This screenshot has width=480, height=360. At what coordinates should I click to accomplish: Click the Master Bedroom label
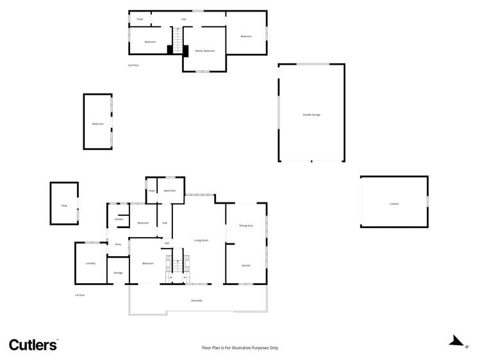[x=204, y=51]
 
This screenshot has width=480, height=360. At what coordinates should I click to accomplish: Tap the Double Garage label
[x=311, y=115]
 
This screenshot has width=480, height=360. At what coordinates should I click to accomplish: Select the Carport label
[x=394, y=204]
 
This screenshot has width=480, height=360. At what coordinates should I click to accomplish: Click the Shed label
[x=64, y=206]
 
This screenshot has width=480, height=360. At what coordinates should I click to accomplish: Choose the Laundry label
[x=90, y=263]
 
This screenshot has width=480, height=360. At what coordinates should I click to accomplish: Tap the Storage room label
[x=118, y=273]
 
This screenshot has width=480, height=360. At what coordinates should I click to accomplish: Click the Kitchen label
[x=245, y=265]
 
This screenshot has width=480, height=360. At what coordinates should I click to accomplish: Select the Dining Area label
[x=245, y=225]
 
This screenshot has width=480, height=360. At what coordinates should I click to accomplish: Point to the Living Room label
[x=201, y=240]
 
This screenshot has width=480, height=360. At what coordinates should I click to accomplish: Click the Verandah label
[x=197, y=300]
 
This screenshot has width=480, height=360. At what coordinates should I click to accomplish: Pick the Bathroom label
[x=169, y=190]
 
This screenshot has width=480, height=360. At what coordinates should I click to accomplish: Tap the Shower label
[x=119, y=219]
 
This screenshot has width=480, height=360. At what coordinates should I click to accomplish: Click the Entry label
[x=118, y=245]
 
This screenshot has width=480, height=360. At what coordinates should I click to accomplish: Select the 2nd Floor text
[x=133, y=65]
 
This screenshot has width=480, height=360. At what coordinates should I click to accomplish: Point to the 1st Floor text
[x=79, y=295]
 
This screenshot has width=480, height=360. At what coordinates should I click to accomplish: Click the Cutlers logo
[x=33, y=345]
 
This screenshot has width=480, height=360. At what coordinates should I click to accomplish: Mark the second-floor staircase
[x=177, y=40]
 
